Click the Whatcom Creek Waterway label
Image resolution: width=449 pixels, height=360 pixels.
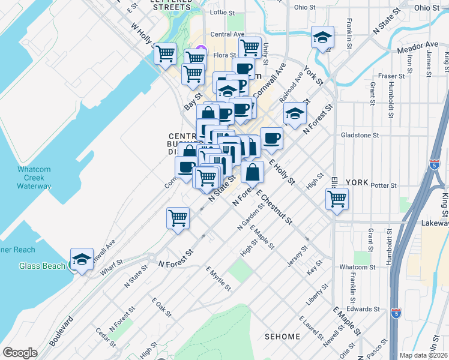[x=34, y=178]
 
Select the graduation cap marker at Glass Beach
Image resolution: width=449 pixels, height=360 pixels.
[x=82, y=259]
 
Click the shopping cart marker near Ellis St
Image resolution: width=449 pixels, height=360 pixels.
[x=337, y=198]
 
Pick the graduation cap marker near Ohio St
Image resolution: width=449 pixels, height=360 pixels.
[x=322, y=38]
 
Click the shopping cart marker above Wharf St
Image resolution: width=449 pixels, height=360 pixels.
[x=178, y=218]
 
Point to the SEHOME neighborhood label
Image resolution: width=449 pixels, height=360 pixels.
[x=282, y=337]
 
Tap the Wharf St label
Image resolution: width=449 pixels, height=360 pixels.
[x=111, y=267]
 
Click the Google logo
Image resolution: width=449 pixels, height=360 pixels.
[x=20, y=352]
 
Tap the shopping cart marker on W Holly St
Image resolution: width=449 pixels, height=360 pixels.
[x=165, y=54]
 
